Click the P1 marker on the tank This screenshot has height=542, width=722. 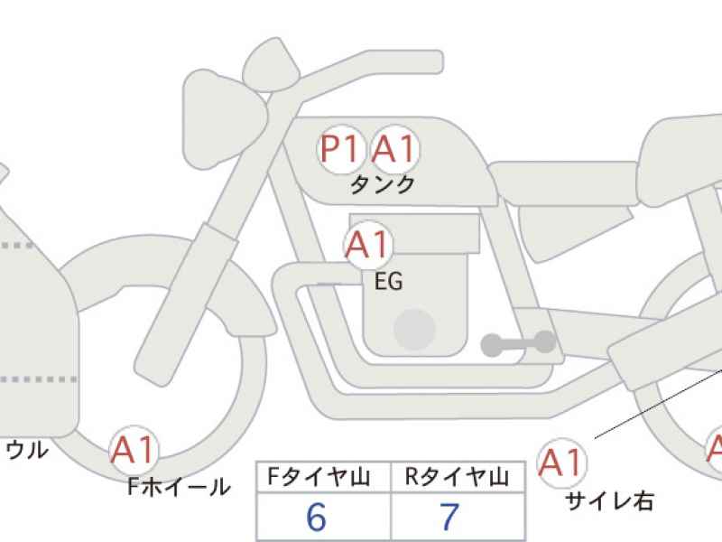341,149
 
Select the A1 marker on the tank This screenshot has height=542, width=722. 395,149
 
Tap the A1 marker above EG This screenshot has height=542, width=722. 368,245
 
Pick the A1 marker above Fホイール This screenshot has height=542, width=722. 134,450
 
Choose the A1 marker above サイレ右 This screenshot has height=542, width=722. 562,463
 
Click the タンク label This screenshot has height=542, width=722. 383,185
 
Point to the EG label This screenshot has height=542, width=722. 389,281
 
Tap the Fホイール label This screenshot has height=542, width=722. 179,486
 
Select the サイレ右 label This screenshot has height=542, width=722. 609,500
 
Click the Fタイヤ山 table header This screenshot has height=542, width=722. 319,477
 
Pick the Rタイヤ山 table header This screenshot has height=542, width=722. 458,477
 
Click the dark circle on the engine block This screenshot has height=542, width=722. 414,330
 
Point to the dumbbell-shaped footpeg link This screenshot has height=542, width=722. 518,344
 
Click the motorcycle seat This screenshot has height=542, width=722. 564,183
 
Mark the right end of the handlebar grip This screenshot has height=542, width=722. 442,61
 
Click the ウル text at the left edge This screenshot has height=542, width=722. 28,450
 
